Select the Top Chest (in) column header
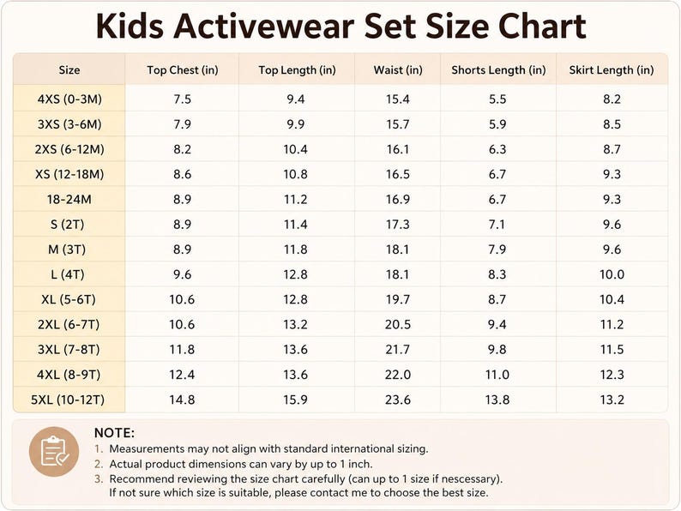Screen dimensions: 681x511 (x=183, y=70)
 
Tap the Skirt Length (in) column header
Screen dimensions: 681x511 (x=612, y=70)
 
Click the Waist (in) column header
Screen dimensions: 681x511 (x=398, y=70)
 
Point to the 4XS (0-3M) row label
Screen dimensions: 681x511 (x=69, y=99)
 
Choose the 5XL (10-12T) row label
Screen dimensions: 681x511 (x=68, y=400)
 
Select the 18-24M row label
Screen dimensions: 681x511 (x=69, y=199)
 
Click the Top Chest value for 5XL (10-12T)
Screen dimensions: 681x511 (x=182, y=400)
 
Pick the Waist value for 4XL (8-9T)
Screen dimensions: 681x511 (x=398, y=374)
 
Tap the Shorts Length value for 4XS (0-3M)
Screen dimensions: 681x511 (x=497, y=99)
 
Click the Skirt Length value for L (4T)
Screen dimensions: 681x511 (x=612, y=274)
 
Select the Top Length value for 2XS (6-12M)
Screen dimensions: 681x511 (x=295, y=149)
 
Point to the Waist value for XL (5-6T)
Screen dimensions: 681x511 (x=398, y=299)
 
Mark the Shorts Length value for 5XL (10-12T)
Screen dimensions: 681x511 (x=497, y=400)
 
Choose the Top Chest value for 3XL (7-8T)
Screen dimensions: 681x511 (x=182, y=350)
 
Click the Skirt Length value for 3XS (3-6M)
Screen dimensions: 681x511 (x=612, y=124)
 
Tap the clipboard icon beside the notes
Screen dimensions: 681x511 (x=54, y=452)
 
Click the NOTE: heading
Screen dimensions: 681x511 (x=114, y=433)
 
